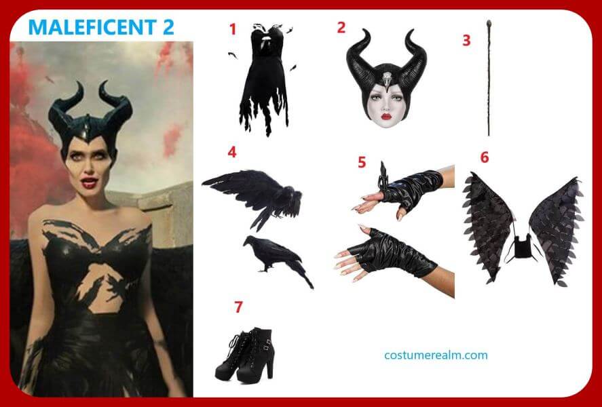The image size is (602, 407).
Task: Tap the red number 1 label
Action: point(232,29)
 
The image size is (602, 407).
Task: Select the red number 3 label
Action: point(466,40)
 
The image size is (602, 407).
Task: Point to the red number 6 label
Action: point(485,157)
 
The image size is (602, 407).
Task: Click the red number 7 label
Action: point(238,307)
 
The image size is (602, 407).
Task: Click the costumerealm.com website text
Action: point(436,355)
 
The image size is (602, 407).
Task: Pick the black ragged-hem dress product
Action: point(265,79)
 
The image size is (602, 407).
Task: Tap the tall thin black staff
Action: point(489,78)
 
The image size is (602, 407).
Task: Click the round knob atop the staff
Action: point(489,22)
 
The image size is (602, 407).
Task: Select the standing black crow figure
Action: point(277,259)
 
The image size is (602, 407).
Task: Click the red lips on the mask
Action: point(386,116)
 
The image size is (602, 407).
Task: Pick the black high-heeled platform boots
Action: point(246,355)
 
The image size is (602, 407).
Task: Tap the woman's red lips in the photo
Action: point(89,183)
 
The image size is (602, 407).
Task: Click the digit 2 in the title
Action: point(167,27)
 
